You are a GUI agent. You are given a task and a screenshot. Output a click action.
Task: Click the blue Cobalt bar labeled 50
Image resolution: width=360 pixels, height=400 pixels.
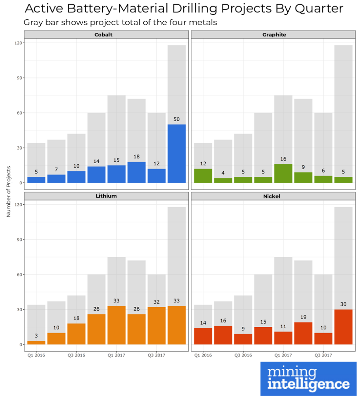tap(176, 154)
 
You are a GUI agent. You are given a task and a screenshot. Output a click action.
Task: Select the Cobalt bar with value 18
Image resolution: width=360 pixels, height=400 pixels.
tap(136, 172)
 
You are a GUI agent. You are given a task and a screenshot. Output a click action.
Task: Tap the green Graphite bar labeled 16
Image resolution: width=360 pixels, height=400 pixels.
tap(283, 173)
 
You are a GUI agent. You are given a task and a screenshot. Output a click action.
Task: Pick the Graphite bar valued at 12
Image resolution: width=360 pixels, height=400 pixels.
tap(203, 176)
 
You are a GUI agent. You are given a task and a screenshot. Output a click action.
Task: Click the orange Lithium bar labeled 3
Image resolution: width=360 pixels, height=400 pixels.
tap(36, 342)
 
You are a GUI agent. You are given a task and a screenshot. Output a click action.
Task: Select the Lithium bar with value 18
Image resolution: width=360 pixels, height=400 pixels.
tap(76, 334)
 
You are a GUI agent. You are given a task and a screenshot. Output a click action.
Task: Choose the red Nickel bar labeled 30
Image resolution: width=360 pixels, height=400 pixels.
tap(343, 327)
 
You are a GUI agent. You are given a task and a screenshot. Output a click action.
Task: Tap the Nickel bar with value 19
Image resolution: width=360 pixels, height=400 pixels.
tap(303, 333)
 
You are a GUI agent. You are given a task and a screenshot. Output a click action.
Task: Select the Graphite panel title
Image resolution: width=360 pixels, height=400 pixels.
tap(274, 35)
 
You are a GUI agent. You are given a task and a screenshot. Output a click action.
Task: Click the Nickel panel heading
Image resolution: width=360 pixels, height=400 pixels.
tap(274, 196)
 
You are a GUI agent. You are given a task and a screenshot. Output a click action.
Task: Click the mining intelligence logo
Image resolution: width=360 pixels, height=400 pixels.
tap(308, 379)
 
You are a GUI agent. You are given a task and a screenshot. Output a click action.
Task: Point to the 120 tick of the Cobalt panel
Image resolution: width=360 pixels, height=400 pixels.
tap(19, 43)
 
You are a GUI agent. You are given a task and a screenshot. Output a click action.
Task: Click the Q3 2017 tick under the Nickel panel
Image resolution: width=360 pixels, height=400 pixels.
tap(323, 355)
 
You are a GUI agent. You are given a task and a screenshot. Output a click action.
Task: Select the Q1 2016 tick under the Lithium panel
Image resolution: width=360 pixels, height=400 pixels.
tap(36, 355)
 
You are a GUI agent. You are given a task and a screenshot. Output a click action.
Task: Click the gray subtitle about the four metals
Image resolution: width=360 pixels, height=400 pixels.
tap(120, 22)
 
